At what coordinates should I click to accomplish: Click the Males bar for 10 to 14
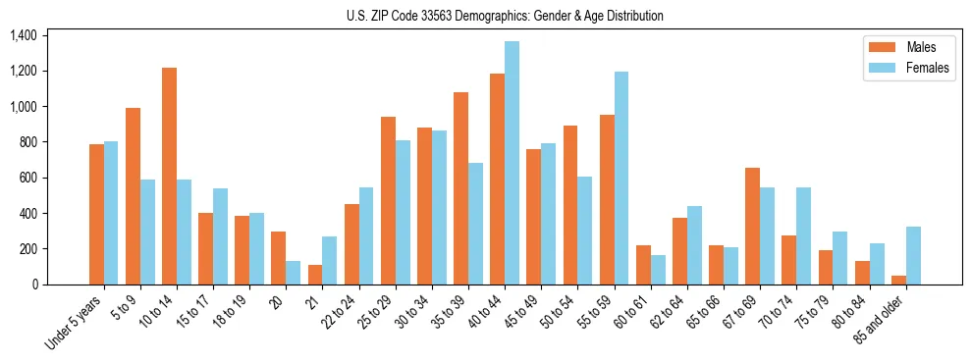coord(170,177)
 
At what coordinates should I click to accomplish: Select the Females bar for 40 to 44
coord(512,163)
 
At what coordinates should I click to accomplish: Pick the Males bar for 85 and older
coord(898,280)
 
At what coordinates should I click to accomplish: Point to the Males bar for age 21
coord(315,275)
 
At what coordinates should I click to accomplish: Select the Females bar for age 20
coord(294,273)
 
